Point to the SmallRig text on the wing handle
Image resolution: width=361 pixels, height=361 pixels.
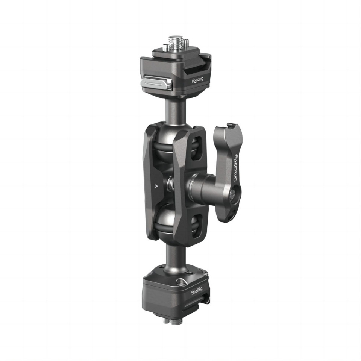[x=235, y=168]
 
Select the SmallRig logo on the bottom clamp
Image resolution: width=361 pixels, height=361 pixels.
[x=198, y=292]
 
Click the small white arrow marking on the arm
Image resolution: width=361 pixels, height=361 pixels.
[x=157, y=185]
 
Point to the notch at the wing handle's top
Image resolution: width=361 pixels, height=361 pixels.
[x=221, y=129]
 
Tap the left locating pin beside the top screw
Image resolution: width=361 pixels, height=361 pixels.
[x=165, y=47]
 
